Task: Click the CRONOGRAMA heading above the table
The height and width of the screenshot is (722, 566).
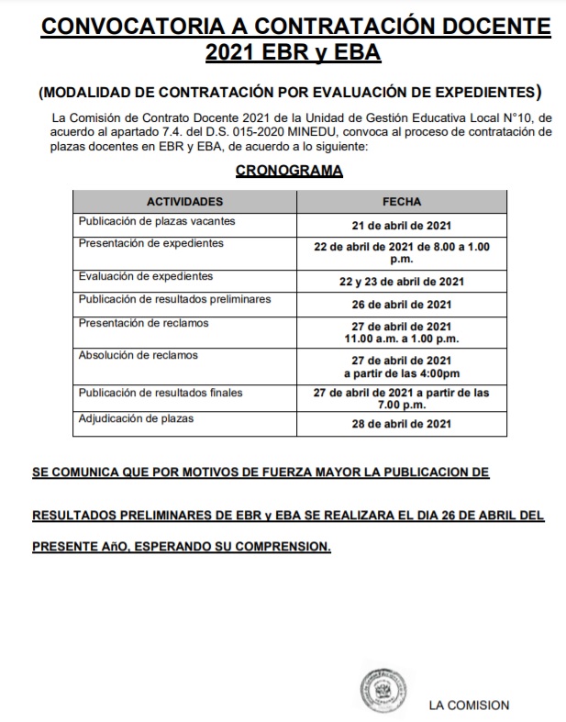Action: (x=289, y=171)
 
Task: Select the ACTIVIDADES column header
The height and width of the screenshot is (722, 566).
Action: (x=184, y=201)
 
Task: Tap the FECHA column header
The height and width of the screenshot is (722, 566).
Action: (x=401, y=201)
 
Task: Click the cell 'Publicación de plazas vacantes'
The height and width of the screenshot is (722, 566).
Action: (x=157, y=221)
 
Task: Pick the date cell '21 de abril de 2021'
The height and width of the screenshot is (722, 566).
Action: (x=401, y=225)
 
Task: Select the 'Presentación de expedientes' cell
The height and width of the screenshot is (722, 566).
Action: (x=151, y=243)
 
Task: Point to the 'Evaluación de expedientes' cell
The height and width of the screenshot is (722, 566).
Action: (x=146, y=275)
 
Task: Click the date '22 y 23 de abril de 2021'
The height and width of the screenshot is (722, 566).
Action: (x=401, y=281)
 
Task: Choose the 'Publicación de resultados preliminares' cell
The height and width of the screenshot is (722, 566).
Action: (x=174, y=299)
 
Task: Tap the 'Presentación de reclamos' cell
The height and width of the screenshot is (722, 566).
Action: (x=143, y=322)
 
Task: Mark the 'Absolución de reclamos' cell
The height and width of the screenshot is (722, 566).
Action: (x=139, y=354)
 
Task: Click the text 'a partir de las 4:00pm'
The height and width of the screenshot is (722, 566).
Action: (x=401, y=372)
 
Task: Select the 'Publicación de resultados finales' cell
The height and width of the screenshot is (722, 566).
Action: (x=161, y=393)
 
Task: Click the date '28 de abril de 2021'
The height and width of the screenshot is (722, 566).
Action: (x=401, y=424)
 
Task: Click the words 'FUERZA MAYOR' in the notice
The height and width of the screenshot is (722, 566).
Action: (x=281, y=473)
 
